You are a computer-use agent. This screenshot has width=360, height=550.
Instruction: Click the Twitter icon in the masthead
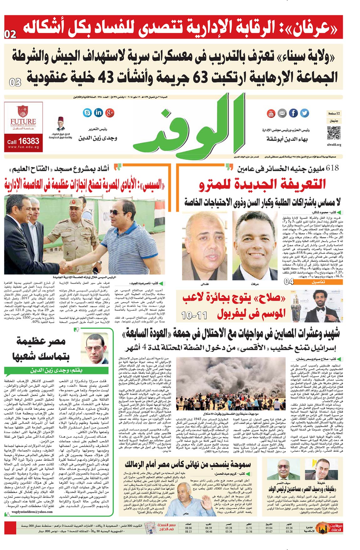[304, 113]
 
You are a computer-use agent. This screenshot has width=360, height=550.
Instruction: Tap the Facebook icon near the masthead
[293, 113]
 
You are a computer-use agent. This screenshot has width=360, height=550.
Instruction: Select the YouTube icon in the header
[271, 113]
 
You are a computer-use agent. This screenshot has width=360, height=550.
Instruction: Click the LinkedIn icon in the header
[98, 113]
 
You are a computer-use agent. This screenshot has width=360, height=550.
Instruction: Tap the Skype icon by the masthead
[87, 112]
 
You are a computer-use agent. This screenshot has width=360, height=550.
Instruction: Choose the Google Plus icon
[110, 113]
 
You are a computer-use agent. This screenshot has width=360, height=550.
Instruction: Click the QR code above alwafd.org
[334, 133]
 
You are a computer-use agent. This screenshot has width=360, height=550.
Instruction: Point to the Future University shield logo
[23, 112]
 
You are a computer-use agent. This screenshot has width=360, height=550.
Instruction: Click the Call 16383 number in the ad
[23, 141]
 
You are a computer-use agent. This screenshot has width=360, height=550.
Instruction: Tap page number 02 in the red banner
[10, 34]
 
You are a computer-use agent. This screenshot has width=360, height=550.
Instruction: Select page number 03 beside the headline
[15, 83]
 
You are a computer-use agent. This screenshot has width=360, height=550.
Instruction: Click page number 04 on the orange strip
[289, 281]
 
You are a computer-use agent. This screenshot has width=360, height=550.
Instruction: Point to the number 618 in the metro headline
[332, 168]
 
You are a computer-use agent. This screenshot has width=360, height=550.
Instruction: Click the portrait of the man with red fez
[61, 124]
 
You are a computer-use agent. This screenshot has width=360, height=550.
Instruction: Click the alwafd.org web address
[334, 145]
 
